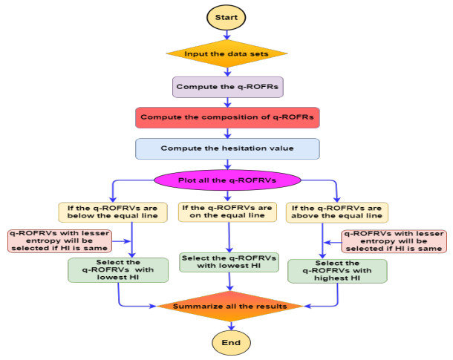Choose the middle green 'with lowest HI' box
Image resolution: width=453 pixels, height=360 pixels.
click(228, 262)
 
